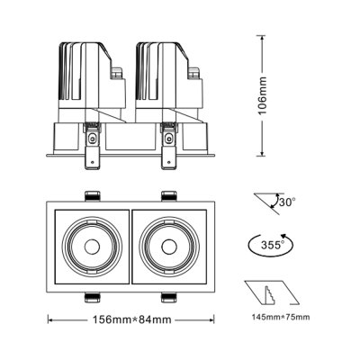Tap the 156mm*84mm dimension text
pyautogui.click(x=132, y=318)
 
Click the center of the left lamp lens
pyautogui.click(x=90, y=246)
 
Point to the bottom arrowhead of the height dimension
pyautogui.click(x=261, y=152)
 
